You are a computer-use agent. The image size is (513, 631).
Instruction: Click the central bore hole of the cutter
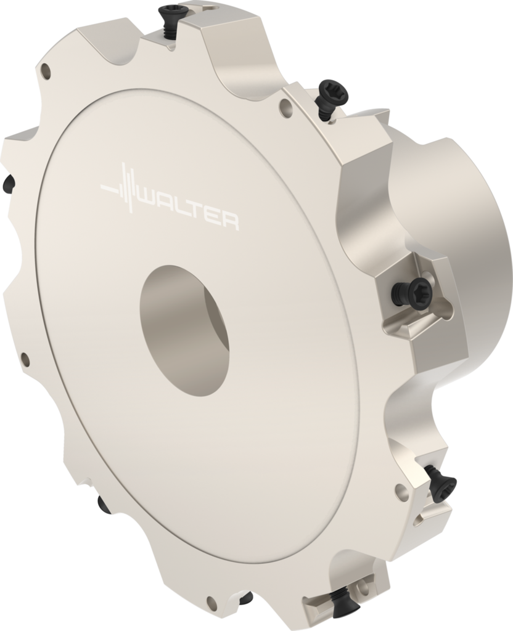[184, 330]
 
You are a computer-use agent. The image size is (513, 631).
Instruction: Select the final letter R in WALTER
[229, 221]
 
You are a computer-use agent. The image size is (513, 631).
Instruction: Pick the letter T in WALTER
[196, 213]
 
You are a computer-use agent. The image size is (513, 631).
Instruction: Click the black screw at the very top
[173, 14]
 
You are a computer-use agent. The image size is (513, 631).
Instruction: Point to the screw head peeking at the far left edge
[8, 183]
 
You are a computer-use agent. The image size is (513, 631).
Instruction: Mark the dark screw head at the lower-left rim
[104, 504]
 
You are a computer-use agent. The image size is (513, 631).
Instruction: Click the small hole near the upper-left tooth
[46, 72]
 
